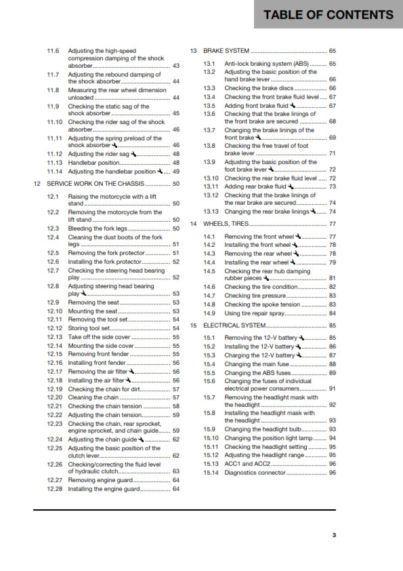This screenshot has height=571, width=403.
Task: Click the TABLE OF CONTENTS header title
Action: tap(328, 15)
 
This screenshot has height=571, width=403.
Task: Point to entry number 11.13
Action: tap(56, 163)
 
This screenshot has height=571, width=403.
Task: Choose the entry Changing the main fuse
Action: tap(257, 364)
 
